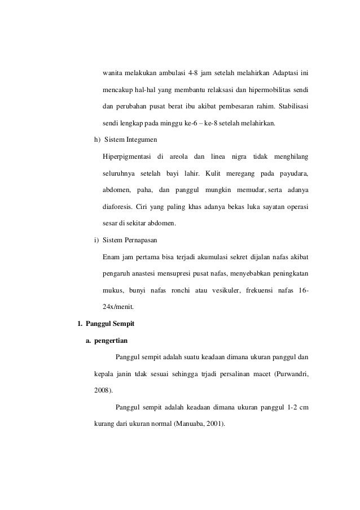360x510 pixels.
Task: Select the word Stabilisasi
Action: [289, 106]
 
